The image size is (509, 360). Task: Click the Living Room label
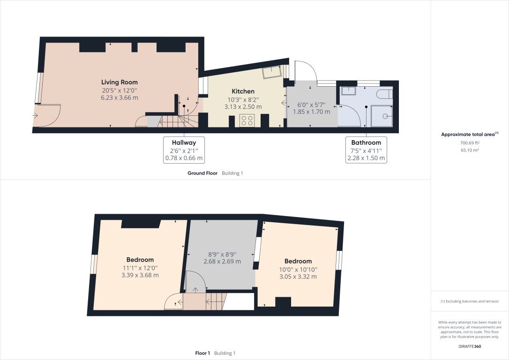120,82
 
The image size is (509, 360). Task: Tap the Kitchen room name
243,91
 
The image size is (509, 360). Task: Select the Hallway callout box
184,150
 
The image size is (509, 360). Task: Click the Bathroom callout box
366,150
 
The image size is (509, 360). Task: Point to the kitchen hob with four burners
247,120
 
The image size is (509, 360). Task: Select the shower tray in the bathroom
382,115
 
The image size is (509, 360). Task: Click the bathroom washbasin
349,91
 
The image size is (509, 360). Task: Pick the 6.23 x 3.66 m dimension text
120,98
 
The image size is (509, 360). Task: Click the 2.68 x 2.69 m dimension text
222,262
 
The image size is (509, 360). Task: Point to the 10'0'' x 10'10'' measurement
298,269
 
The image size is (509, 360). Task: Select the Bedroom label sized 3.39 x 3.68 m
140,260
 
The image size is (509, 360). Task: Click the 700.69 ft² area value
470,142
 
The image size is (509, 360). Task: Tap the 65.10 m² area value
470,150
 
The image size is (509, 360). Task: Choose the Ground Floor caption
202,173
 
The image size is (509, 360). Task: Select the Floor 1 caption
202,353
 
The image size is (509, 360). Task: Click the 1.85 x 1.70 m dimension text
311,112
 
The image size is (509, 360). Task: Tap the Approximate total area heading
470,134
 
